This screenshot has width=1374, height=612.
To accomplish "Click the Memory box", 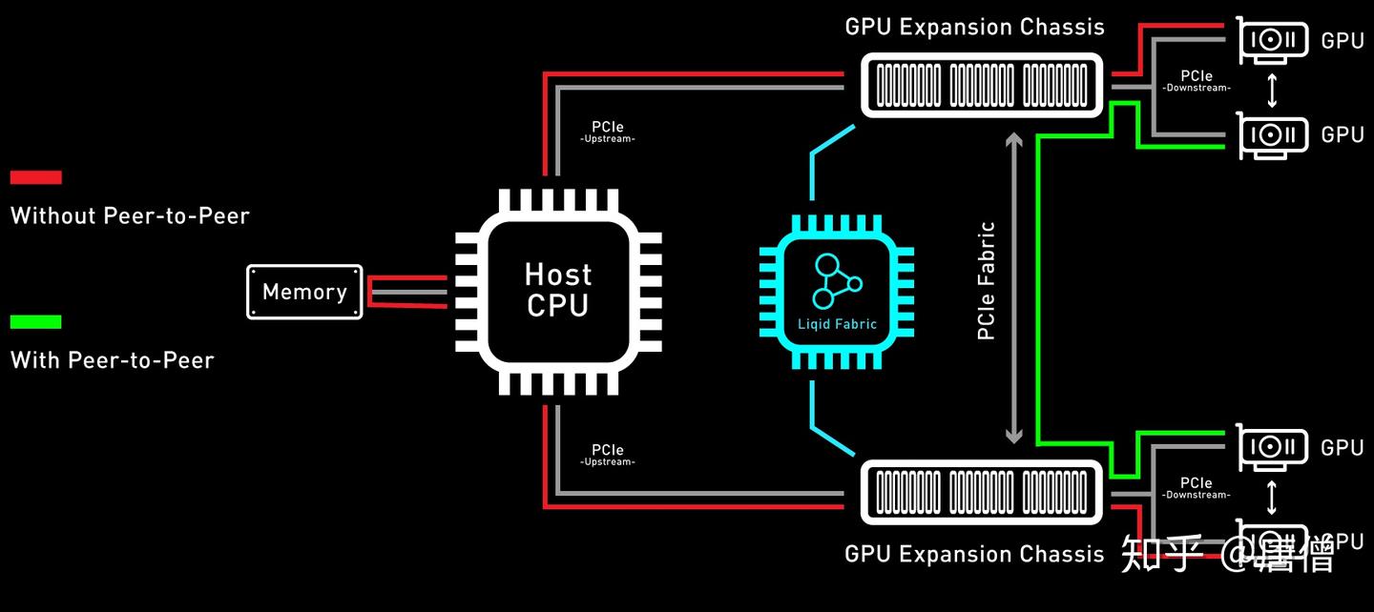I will click(304, 292).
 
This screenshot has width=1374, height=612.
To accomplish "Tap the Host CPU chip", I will click(558, 291).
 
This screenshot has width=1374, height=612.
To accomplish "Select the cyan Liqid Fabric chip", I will click(837, 292).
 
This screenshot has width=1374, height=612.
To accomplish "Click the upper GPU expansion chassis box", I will click(982, 85).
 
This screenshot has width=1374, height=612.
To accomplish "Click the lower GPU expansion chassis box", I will click(982, 492).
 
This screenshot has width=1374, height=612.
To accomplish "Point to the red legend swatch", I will click(35, 177).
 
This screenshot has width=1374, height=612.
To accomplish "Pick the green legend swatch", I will click(35, 322).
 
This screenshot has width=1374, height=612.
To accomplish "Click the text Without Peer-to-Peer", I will click(130, 215).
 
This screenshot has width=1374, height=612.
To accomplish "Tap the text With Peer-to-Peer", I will click(112, 360).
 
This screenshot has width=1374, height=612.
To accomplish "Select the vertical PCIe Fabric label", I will click(987, 281).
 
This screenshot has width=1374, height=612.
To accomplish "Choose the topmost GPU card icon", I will click(1273, 40).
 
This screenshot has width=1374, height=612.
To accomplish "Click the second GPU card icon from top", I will click(1273, 134).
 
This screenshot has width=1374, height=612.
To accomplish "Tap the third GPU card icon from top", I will click(1273, 446).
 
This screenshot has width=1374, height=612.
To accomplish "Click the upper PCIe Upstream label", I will click(608, 132).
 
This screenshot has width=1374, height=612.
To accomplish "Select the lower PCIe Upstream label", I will click(608, 455).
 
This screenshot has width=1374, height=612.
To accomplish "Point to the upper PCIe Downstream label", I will click(1197, 81).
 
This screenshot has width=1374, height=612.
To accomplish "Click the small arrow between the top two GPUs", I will click(1271, 88).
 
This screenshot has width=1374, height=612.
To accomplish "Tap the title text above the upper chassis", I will click(974, 27).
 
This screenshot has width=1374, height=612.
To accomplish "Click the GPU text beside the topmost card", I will click(1343, 40).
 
